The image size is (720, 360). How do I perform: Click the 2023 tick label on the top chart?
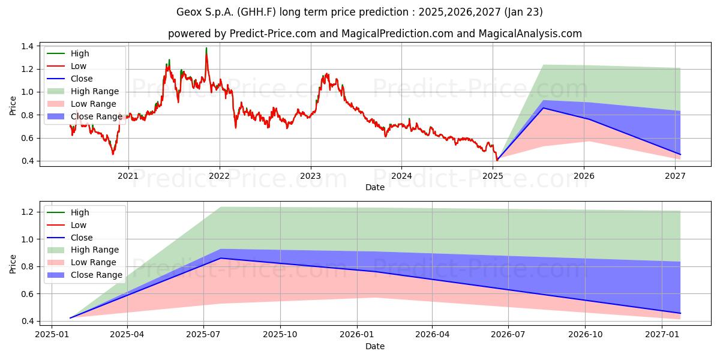tap(310, 176)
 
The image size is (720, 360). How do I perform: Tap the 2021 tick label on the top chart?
tap(128, 176)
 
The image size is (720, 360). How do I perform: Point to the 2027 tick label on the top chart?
tap(676, 176)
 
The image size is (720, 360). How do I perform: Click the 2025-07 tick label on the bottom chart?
tap(204, 335)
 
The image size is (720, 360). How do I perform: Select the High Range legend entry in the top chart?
tap(95, 91)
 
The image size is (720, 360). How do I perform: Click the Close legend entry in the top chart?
tap(82, 79)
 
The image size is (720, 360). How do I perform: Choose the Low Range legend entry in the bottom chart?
tap(94, 262)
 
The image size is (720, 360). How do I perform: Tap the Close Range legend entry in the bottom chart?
tap(96, 275)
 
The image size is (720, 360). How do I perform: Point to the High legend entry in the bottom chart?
tap(80, 212)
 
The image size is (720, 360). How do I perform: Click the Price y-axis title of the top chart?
tap(13, 106)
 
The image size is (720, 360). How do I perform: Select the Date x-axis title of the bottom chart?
tap(375, 346)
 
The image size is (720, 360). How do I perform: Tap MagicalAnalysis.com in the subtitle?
tap(530, 34)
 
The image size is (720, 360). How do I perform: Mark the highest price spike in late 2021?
tap(206, 48)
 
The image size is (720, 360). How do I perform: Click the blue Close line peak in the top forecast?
tap(543, 108)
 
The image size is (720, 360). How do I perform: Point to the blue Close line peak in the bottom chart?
tap(220, 258)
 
